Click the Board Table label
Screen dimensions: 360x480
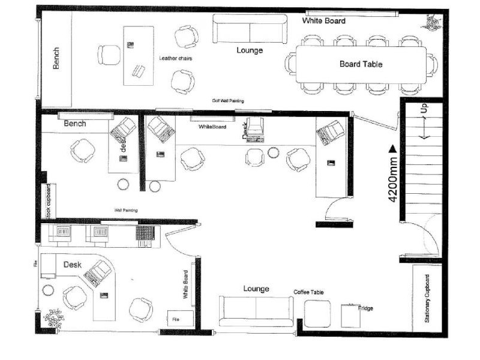coord(361,64)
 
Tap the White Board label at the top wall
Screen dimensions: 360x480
coord(323,20)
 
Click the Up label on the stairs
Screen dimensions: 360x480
coord(424,109)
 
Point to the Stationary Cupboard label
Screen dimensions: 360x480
coord(427,298)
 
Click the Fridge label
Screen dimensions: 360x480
coord(365,308)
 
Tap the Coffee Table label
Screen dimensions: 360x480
coord(308,292)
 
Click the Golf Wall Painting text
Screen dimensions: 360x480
coord(227,101)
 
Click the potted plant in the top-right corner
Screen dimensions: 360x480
coord(431,22)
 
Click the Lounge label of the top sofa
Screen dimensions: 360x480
coord(250,50)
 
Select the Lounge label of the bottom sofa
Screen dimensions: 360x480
coord(256,289)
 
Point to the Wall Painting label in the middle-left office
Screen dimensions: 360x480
coord(125,210)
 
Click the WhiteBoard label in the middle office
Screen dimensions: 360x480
coord(212,127)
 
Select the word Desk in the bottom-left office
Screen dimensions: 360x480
coord(73,264)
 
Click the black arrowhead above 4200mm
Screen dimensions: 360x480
coord(393,148)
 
